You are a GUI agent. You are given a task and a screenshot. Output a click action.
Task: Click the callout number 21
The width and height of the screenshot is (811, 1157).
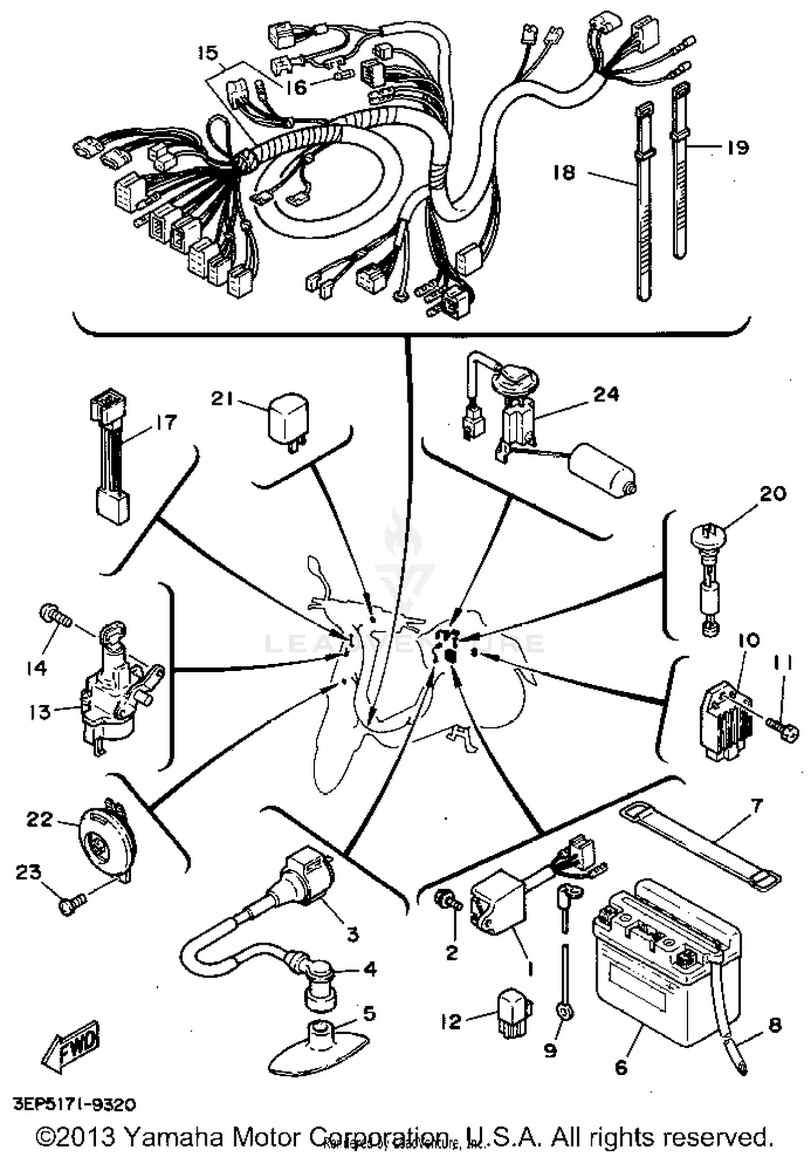[x=222, y=400]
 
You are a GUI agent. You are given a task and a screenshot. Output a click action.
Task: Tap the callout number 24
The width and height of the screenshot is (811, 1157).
[x=606, y=394]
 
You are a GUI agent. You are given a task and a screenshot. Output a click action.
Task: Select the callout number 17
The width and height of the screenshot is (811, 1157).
[x=165, y=422]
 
